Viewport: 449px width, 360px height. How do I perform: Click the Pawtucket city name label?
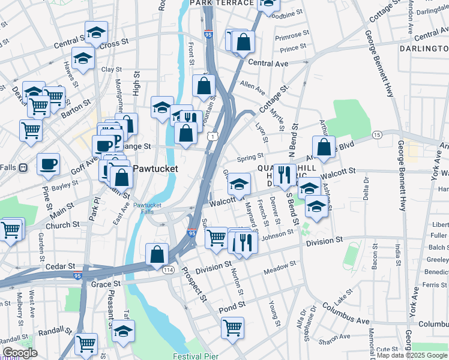tap(155, 169)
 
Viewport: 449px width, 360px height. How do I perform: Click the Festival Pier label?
tap(196, 355)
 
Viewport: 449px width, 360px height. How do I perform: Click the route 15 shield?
tap(376, 135)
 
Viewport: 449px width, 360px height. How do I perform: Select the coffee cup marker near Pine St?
tap(48, 163)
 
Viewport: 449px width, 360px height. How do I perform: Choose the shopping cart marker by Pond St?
tap(232, 328)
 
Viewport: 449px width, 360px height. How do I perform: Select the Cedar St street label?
tap(62, 265)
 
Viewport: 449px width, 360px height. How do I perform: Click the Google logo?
tap(20, 353)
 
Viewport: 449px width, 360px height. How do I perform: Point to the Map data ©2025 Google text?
tap(412, 355)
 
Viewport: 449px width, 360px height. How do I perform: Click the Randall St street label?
tap(55, 331)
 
